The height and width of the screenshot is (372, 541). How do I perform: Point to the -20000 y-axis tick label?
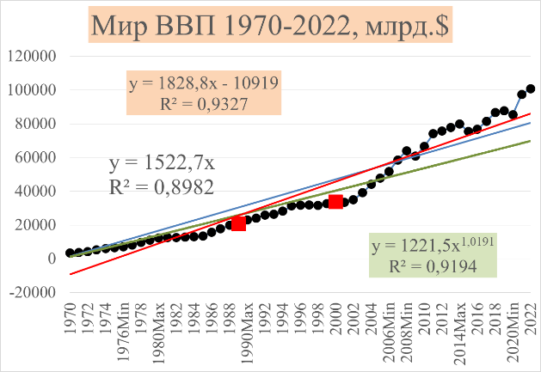32,292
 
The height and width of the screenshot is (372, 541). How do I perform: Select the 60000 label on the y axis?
36,157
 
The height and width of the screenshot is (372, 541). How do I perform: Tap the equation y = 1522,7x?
161,162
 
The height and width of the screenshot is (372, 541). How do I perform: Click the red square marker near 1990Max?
238,223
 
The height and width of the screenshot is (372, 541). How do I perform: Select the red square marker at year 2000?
335,201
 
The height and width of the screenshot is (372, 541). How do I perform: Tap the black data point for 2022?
531,88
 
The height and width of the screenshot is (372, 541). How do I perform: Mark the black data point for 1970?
70,253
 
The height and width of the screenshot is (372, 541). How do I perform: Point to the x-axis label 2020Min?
513,331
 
